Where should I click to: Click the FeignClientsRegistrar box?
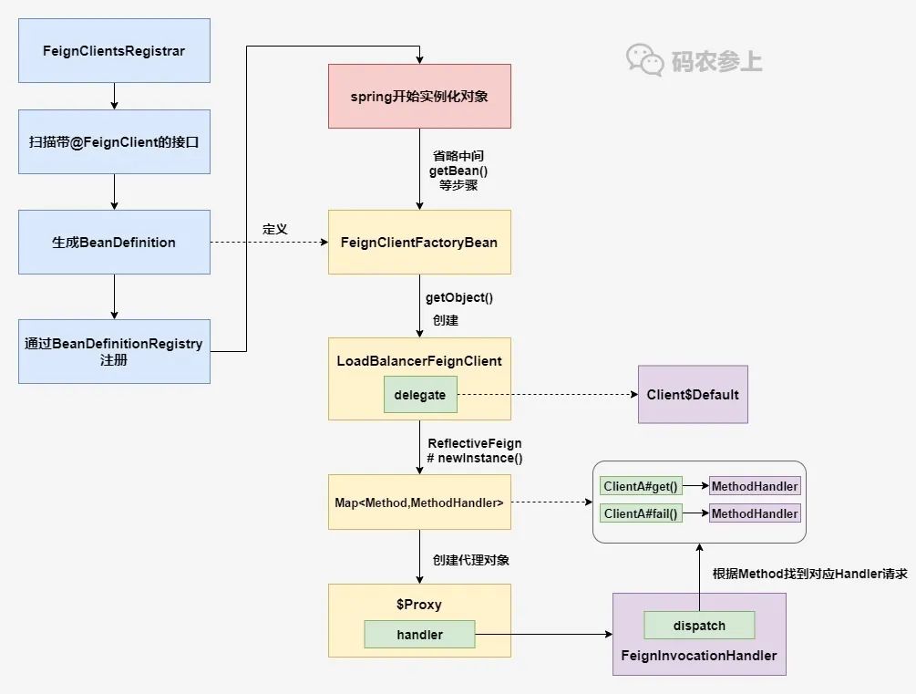pos(114,50)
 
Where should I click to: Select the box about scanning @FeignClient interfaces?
pos(114,141)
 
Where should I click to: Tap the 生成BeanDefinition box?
pos(114,242)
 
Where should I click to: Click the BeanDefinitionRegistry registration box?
pos(114,351)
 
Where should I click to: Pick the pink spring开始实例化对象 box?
pos(419,96)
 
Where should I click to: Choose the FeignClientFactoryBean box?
pos(419,242)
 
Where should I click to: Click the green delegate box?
pos(420,395)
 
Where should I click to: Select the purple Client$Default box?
pos(693,395)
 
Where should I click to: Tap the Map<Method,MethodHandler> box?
pos(419,502)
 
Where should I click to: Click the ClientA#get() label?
pos(642,486)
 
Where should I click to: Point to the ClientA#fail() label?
pos(642,513)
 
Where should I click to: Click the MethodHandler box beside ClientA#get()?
pos(755,486)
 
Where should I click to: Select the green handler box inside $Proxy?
pos(419,635)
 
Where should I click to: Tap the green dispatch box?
pos(699,626)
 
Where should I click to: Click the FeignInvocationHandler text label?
pos(699,655)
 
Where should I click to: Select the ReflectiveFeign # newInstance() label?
pos(475,451)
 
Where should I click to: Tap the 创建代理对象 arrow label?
pos(471,560)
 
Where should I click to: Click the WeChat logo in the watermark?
pos(645,60)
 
